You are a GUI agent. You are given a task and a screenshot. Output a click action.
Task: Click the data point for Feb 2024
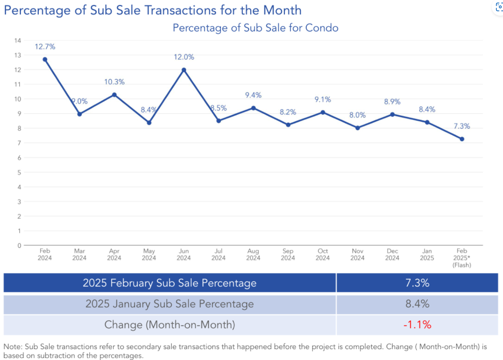(45, 59)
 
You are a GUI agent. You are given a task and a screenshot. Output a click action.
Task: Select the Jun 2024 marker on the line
(184, 70)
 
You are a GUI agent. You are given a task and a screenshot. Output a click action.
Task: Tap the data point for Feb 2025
(462, 139)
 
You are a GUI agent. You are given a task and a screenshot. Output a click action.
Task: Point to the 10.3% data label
(114, 82)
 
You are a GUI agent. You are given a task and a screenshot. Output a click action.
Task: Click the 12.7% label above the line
(45, 47)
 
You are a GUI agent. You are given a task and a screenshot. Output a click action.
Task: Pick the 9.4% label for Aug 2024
(253, 95)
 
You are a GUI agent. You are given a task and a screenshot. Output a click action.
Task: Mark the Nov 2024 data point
(358, 128)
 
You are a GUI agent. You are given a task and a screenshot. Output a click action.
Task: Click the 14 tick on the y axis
(18, 40)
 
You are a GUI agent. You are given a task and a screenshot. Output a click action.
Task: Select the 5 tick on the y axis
(19, 172)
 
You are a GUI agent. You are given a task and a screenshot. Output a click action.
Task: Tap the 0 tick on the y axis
(19, 246)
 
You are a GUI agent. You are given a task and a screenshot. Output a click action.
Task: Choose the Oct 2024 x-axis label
(323, 254)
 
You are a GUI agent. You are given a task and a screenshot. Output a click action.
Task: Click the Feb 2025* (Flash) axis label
(462, 258)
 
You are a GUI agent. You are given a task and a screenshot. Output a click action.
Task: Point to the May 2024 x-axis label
(149, 254)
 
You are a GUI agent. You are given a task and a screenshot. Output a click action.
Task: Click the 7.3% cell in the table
(417, 283)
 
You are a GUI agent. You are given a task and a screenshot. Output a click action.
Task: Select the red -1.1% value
(417, 325)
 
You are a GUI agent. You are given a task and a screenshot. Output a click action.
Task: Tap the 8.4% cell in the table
(417, 304)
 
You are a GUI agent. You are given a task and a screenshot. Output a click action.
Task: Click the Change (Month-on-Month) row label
(169, 325)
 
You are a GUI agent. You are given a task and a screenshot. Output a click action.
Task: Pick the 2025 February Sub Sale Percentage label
(169, 283)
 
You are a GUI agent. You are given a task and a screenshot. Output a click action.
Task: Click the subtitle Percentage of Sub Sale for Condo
(255, 28)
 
